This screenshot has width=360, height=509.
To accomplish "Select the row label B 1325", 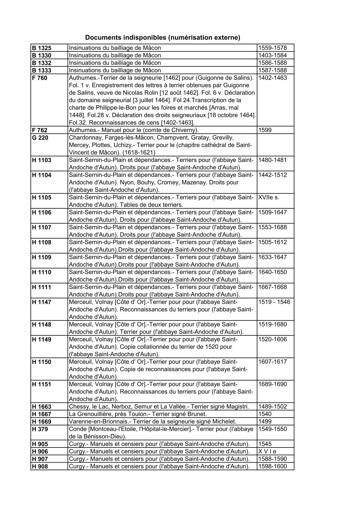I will tap(41, 48).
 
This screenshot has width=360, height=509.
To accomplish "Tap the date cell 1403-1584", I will tap(272, 55).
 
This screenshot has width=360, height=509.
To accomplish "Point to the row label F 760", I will tap(39, 78).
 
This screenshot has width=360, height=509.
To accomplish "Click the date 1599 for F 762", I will tap(265, 130).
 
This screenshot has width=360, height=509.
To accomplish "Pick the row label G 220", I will tap(40, 138).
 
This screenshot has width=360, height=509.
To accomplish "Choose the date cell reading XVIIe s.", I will tap(269, 198).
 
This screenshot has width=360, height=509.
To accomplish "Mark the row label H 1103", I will tap(42, 160).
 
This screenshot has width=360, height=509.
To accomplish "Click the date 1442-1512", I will tap(272, 175).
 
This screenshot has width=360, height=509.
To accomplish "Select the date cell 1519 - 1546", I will tap(274, 302).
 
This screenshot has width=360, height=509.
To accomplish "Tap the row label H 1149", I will tap(42, 340).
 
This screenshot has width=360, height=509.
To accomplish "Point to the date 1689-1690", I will tap(272, 384).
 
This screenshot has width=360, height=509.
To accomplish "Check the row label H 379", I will tap(40, 429).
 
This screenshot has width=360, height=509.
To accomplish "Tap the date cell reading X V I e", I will tap(267, 452).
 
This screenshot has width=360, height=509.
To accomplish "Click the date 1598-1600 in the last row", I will tap(272, 467).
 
